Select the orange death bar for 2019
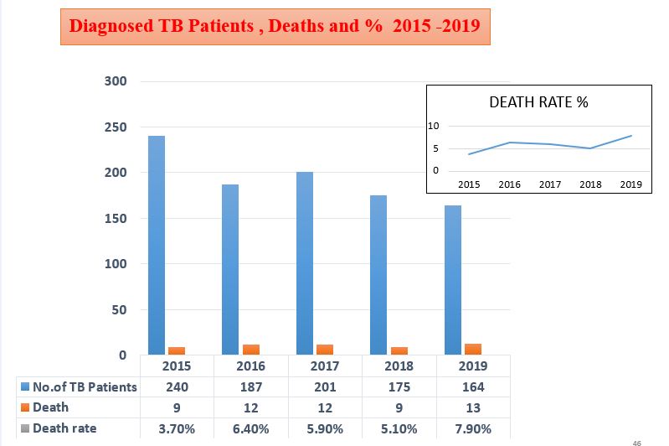coord(473,349)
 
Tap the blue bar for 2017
coord(304,263)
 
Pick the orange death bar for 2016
coord(251,350)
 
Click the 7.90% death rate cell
coord(473,428)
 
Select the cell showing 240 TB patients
coord(177,387)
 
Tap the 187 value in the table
coord(250,387)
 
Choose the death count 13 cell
coord(473,408)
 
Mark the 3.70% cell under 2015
coord(177,428)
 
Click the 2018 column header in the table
coord(399,366)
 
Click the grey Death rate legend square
coord(24,429)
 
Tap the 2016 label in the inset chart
coord(509,184)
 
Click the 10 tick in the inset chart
coord(434,127)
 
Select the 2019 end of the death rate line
coord(631,136)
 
